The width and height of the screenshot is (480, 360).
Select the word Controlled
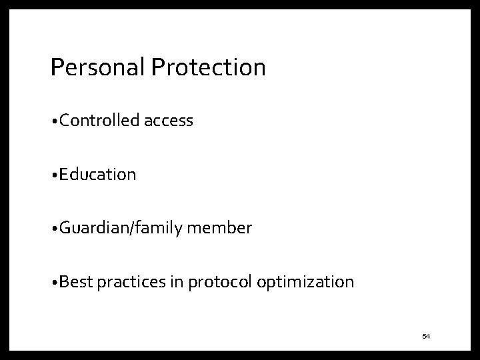click(99, 121)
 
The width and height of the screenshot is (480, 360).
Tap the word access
click(168, 121)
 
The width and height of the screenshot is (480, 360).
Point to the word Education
click(97, 175)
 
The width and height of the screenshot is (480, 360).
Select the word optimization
click(305, 283)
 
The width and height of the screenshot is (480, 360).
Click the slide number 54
click(426, 336)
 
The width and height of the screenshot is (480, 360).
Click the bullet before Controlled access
click(53, 122)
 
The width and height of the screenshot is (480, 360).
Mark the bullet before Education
click(53, 176)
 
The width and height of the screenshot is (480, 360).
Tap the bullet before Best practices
click(53, 283)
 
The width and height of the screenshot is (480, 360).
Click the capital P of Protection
click(158, 67)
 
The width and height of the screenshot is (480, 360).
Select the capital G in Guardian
click(65, 229)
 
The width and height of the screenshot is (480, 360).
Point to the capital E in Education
click(63, 175)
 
